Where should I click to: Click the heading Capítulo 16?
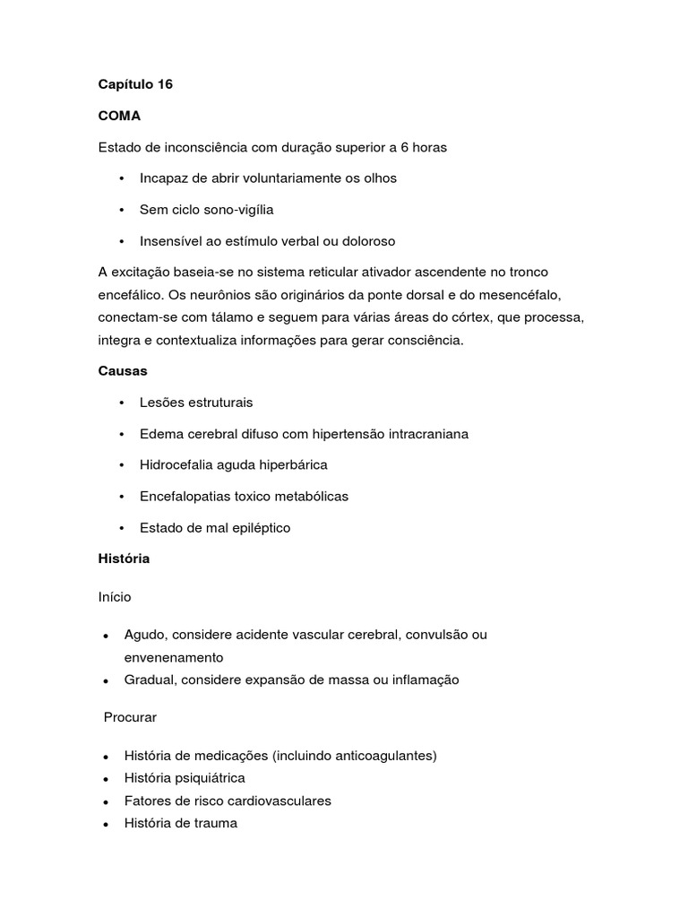pos(135,84)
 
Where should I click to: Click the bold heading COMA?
pos(119,116)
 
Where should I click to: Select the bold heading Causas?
pos(123,370)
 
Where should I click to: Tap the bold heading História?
pos(124,559)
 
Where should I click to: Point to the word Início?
pos(115,595)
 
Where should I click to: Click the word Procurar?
pos(130,717)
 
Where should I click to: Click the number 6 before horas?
pos(405,147)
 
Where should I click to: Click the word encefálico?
pos(130,294)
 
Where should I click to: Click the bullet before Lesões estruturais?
pos(121,403)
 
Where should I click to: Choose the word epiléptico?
pos(258,528)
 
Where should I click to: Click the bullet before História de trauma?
pos(106,824)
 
